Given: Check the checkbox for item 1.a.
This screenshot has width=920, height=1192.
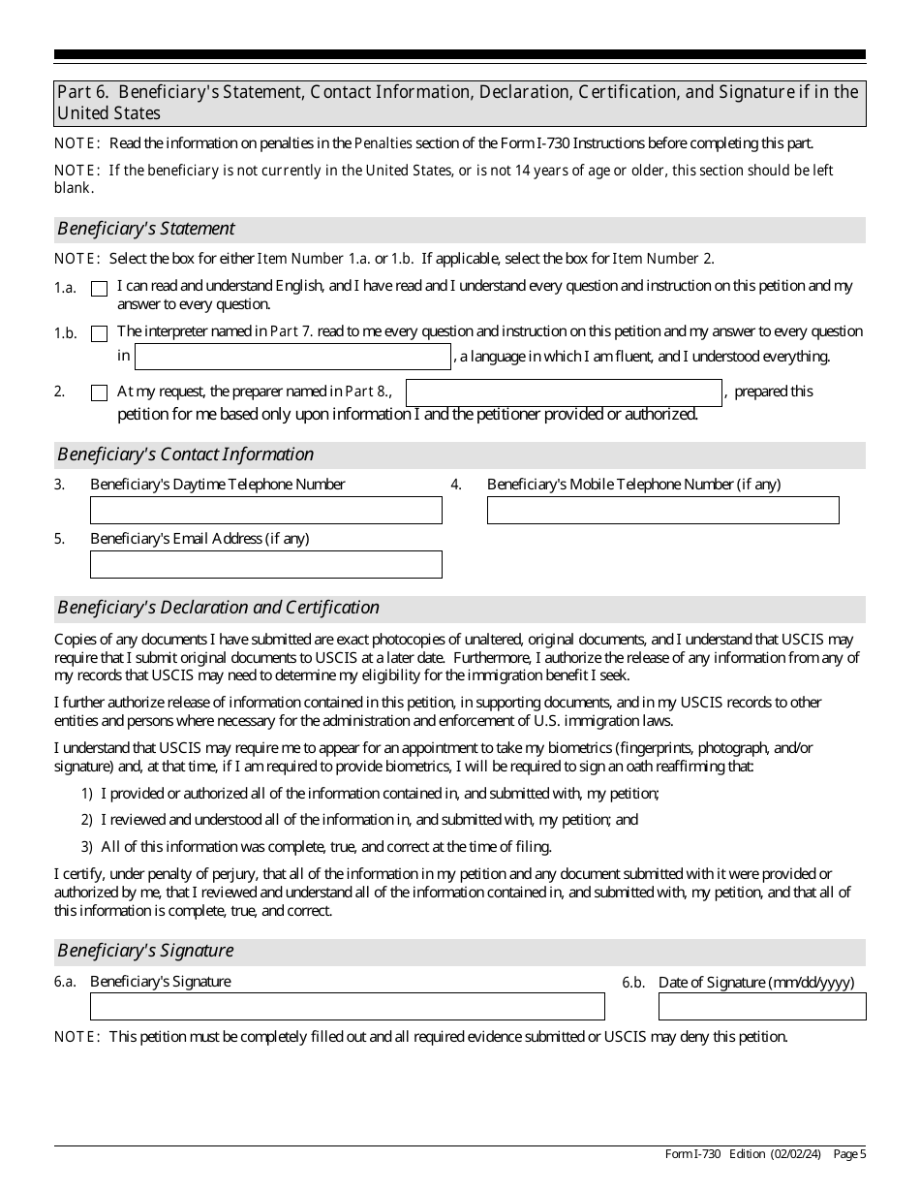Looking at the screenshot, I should click(99, 289).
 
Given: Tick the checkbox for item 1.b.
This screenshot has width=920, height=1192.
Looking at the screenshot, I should click(99, 334).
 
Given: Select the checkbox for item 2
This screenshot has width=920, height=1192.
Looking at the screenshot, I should click(99, 393).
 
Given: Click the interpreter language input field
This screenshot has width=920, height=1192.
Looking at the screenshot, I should click(292, 357).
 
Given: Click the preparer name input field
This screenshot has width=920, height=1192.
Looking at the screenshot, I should click(564, 392).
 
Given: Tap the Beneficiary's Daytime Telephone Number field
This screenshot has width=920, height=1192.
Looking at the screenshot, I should click(265, 511).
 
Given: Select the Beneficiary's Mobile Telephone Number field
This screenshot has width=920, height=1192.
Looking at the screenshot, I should click(662, 511).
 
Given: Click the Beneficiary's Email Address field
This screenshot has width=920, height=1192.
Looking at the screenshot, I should click(265, 565).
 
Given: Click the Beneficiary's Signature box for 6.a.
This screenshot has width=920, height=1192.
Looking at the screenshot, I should click(347, 1007).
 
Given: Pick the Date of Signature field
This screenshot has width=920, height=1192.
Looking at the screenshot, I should click(762, 1007).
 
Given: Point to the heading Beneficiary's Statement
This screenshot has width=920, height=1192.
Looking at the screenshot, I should click(146, 230).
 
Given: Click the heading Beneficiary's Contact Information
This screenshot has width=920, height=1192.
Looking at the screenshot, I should click(185, 455).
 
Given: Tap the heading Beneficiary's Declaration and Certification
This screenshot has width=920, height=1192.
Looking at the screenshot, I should click(218, 608).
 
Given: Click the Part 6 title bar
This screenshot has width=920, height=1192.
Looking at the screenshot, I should click(459, 103).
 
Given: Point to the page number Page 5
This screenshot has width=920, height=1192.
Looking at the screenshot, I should click(849, 1154).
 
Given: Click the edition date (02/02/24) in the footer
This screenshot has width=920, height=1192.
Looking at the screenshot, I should click(795, 1154).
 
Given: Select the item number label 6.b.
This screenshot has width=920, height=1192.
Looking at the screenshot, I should click(633, 983).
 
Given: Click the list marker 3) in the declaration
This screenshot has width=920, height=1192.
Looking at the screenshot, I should click(87, 846).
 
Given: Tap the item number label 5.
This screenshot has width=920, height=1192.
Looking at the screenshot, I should click(60, 539).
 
